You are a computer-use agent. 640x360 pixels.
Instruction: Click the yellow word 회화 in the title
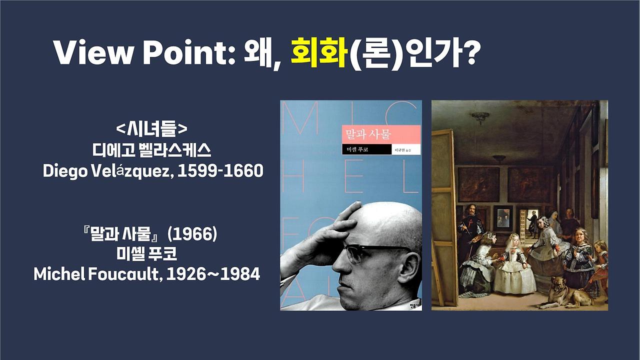pos(318,52)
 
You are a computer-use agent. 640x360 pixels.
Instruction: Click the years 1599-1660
pos(220,171)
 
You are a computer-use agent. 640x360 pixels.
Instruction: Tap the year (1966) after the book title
pos(192,234)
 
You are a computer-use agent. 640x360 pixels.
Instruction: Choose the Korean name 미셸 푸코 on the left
pos(146,254)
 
